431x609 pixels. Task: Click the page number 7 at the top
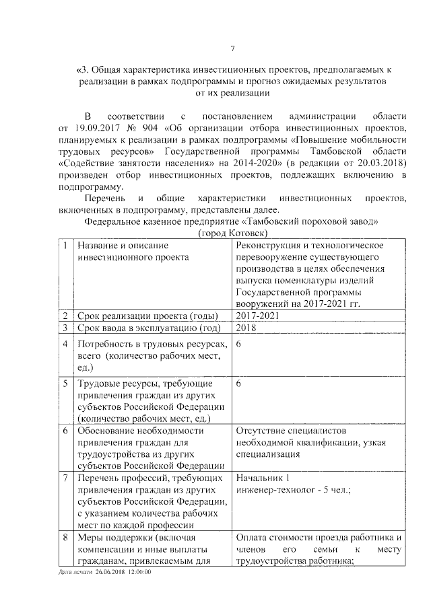pos(232,48)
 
